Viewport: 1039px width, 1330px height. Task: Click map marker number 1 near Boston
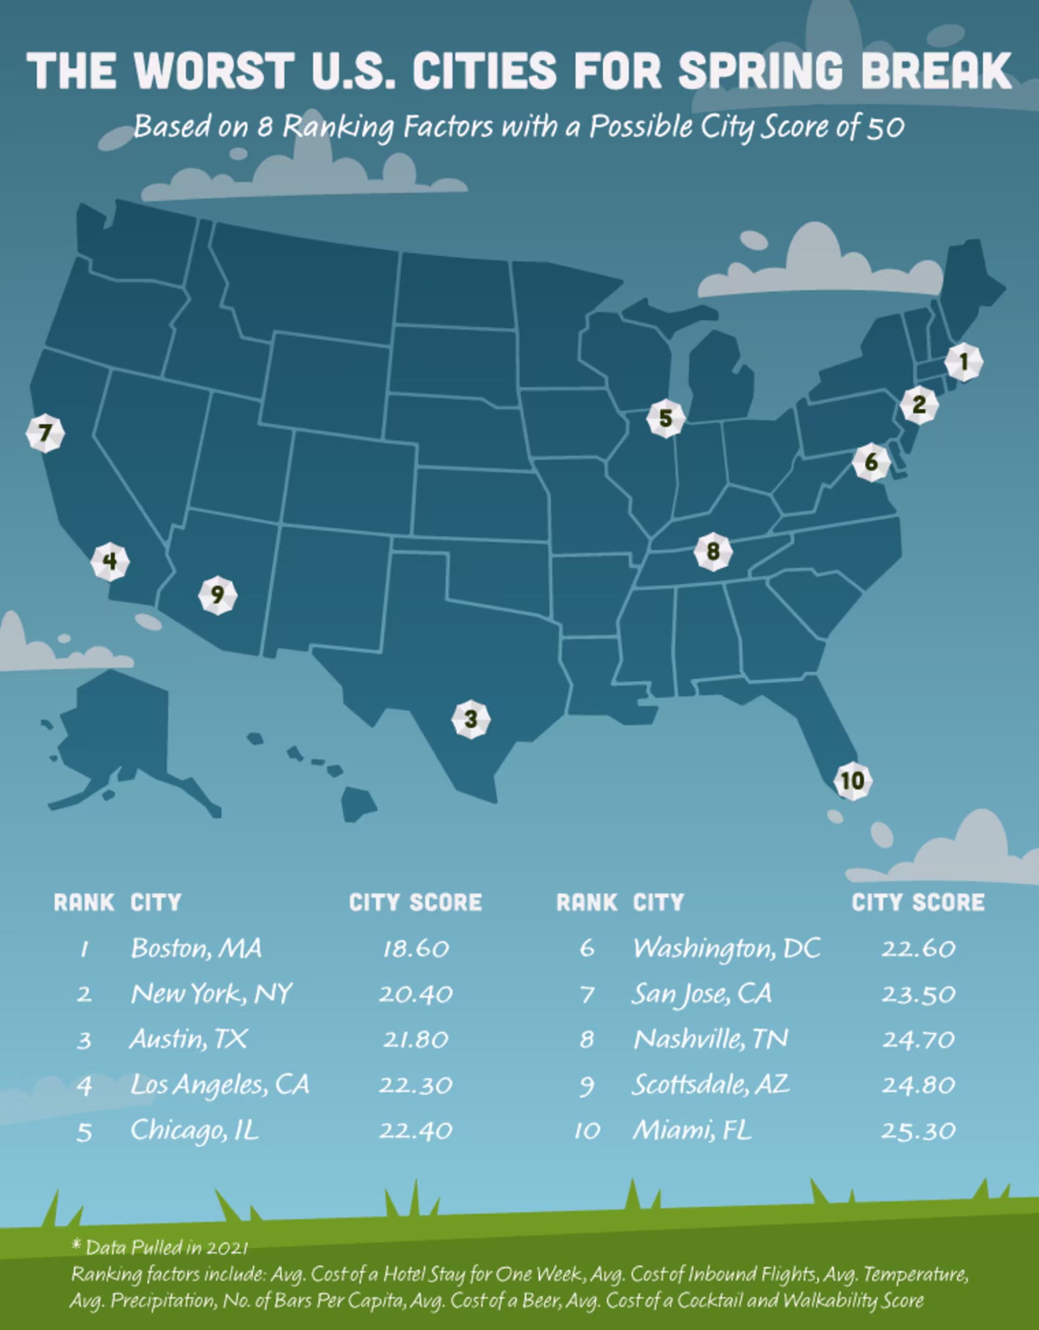(x=964, y=362)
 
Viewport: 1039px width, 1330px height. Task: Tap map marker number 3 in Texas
(x=470, y=719)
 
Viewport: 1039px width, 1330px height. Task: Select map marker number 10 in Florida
(x=852, y=781)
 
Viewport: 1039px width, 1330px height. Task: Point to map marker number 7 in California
(x=45, y=433)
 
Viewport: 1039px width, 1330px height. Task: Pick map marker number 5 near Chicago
(x=665, y=419)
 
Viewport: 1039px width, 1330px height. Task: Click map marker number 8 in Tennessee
(x=713, y=552)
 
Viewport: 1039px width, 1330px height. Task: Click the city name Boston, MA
(x=196, y=948)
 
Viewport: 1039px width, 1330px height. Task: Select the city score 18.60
(x=416, y=949)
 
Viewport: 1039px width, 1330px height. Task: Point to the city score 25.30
(x=918, y=1131)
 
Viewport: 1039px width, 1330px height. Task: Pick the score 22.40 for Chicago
(x=416, y=1131)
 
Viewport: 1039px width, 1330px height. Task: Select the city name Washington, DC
(x=727, y=948)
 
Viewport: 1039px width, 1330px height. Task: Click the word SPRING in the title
(x=760, y=70)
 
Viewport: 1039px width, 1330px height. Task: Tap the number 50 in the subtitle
(x=885, y=127)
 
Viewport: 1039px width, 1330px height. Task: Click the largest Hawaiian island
(x=358, y=804)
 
